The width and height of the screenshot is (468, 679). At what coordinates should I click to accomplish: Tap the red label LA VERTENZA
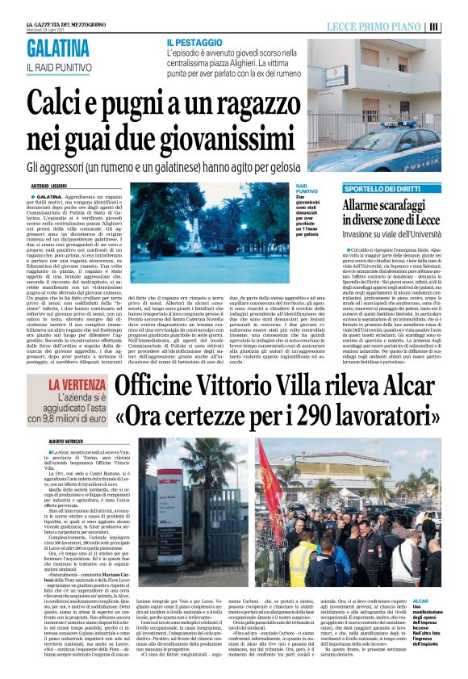coord(77,385)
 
